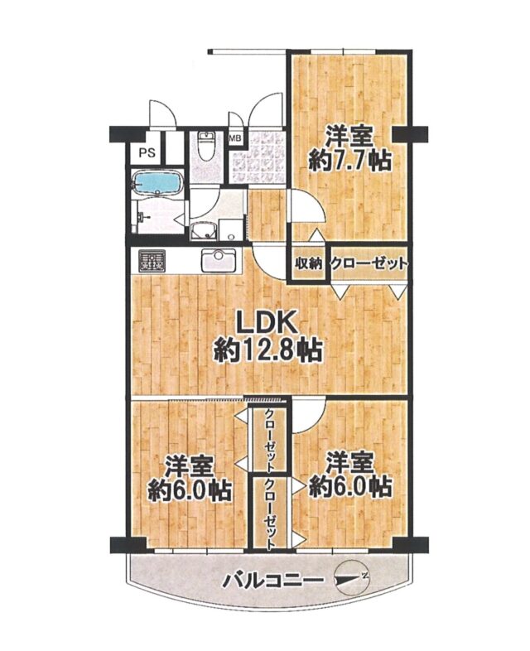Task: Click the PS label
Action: tap(147, 152)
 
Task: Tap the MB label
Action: tap(236, 138)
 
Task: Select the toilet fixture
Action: tap(205, 147)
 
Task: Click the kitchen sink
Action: tap(219, 261)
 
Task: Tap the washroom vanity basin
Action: tap(204, 230)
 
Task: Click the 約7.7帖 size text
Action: tap(349, 161)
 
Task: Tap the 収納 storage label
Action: tap(308, 263)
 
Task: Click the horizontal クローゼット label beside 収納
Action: tap(368, 263)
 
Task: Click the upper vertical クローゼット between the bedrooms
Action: tap(270, 441)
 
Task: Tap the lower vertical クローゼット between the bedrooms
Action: tap(270, 514)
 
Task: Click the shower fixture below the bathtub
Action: tap(142, 217)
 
